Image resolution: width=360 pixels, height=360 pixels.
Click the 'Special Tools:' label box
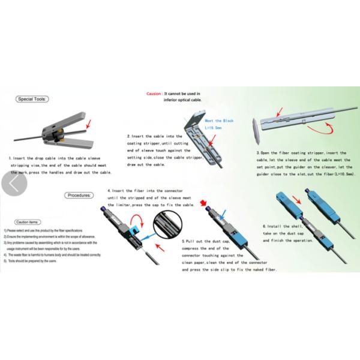pyautogui.click(x=34, y=98)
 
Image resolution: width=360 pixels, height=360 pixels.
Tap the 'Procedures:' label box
pyautogui.click(x=79, y=195)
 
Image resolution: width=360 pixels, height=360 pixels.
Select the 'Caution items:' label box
pyautogui.click(x=28, y=221)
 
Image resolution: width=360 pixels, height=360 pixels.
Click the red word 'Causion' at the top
pyautogui.click(x=154, y=94)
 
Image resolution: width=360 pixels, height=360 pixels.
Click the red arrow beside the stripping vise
pyautogui.click(x=91, y=124)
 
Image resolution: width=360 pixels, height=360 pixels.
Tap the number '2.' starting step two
pyautogui.click(x=128, y=137)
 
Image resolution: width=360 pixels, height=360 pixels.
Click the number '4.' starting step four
pyautogui.click(x=109, y=190)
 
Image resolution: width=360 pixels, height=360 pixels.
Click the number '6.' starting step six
pyautogui.click(x=265, y=226)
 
